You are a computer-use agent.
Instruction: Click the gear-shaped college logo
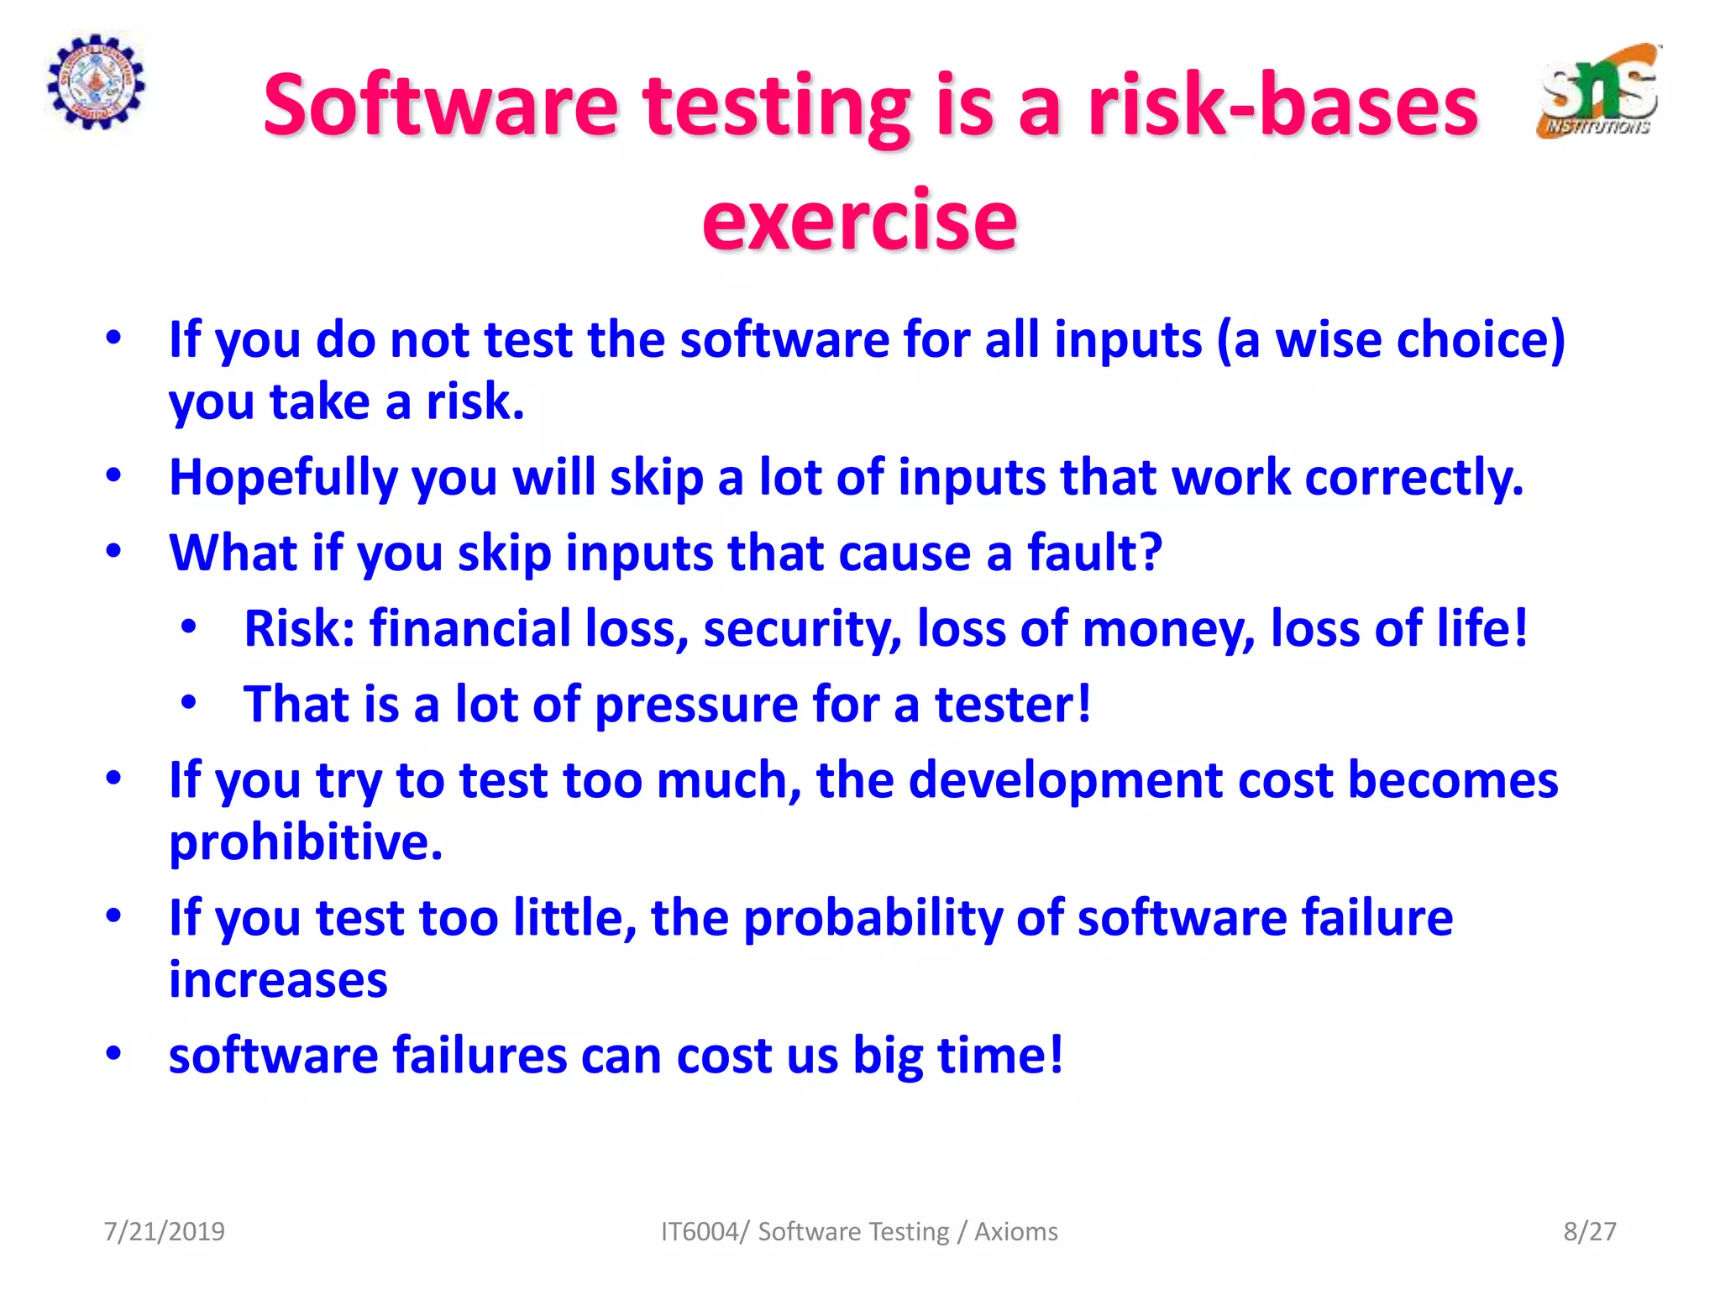(95, 82)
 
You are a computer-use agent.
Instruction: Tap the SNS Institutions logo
(1599, 92)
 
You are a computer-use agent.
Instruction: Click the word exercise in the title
(859, 220)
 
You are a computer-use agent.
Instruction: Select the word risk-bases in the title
(1282, 106)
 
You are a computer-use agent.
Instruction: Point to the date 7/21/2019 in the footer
(164, 1231)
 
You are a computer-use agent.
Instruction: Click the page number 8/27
(1589, 1231)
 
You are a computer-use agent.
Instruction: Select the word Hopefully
(283, 478)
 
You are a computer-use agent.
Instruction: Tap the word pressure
(696, 704)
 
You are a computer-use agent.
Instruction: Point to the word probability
(873, 918)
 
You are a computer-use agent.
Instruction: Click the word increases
(278, 979)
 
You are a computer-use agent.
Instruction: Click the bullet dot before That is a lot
(189, 702)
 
